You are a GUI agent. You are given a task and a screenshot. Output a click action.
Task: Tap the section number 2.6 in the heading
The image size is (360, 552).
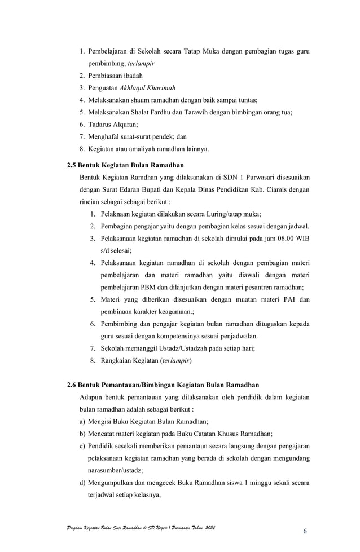click(72, 386)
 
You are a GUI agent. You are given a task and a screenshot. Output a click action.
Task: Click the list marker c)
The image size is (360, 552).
click(83, 446)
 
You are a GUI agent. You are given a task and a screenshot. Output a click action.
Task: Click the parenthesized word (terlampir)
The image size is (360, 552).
click(175, 361)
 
